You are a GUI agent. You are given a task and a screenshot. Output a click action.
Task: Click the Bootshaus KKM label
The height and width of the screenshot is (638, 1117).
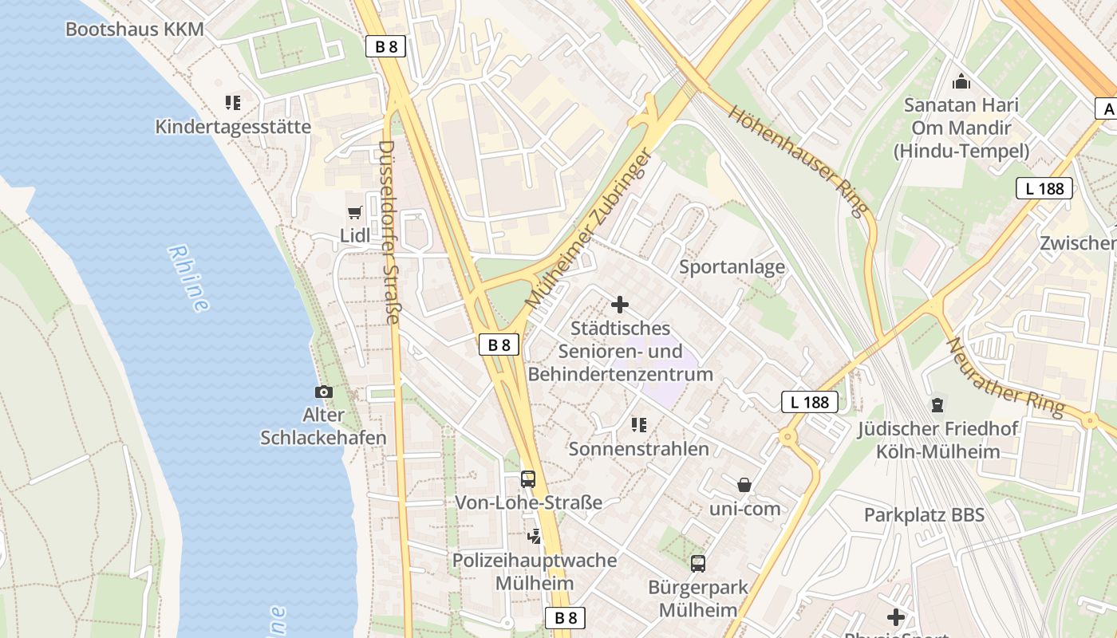pyautogui.click(x=134, y=30)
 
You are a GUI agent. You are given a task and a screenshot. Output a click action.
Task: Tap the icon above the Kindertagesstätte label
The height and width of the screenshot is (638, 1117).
pyautogui.click(x=233, y=102)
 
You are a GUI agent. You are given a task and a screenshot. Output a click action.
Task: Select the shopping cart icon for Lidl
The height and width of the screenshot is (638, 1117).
pyautogui.click(x=355, y=212)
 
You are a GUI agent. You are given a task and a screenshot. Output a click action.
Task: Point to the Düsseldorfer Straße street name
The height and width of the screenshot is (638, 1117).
pyautogui.click(x=389, y=233)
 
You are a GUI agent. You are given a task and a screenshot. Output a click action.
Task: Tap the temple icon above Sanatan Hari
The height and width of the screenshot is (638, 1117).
pyautogui.click(x=961, y=81)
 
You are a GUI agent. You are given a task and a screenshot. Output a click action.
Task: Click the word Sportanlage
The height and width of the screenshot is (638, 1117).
pyautogui.click(x=732, y=267)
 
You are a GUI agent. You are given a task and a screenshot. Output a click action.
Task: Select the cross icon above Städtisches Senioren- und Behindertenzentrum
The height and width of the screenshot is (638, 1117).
pyautogui.click(x=620, y=305)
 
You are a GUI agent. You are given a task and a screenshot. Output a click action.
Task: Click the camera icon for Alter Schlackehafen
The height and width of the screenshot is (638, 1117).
pyautogui.click(x=324, y=392)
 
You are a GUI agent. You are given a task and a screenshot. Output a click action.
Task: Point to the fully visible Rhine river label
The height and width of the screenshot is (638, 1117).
pyautogui.click(x=189, y=278)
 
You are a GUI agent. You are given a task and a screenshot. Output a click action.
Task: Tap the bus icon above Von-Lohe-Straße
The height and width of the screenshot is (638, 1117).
pyautogui.click(x=528, y=478)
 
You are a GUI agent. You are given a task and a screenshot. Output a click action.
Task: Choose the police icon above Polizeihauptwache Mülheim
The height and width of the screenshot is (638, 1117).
pyautogui.click(x=535, y=536)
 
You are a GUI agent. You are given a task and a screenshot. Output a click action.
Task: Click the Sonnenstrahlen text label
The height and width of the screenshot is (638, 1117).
pyautogui.click(x=638, y=449)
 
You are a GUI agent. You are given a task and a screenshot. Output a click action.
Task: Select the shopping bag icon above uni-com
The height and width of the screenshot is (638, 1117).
pyautogui.click(x=744, y=484)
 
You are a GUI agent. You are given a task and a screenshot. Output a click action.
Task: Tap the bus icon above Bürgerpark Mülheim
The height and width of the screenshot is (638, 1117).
pyautogui.click(x=698, y=564)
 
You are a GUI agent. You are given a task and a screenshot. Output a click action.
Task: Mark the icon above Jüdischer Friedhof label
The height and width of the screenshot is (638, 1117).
pyautogui.click(x=937, y=405)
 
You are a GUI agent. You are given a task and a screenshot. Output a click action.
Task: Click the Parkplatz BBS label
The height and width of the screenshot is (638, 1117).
pyautogui.click(x=924, y=515)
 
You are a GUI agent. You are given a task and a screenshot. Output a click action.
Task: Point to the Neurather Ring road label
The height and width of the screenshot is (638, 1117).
pyautogui.click(x=1005, y=377)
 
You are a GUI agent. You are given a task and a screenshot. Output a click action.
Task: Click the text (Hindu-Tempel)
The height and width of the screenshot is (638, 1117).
pyautogui.click(x=961, y=151)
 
